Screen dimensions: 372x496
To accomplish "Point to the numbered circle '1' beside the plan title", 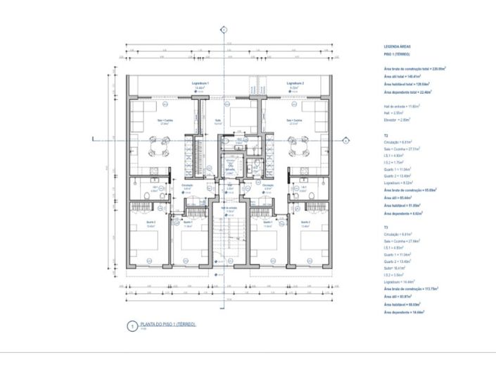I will click(129, 326).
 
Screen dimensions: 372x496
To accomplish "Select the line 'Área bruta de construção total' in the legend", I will click(415, 69).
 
